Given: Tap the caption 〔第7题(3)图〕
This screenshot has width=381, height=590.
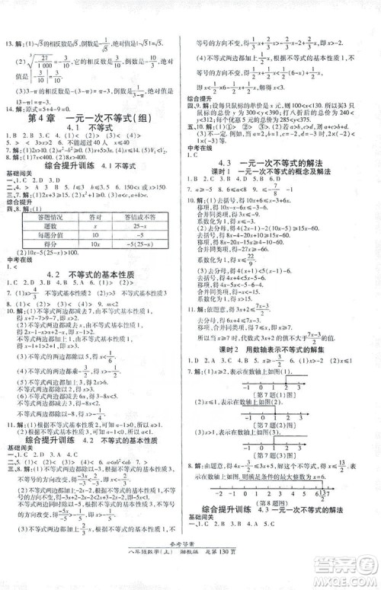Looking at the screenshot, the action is pyautogui.click(x=283, y=466).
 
